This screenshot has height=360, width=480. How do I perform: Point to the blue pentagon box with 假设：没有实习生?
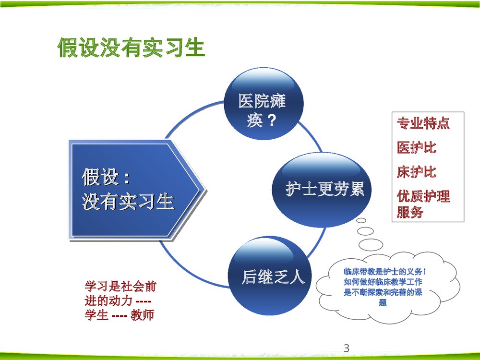click(x=134, y=190)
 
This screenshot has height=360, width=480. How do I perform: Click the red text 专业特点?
click(x=423, y=124)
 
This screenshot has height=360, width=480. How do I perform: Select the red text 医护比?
click(x=416, y=147)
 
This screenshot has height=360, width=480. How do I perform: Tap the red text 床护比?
click(x=416, y=172)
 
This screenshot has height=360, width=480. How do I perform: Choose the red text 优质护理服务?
click(x=423, y=204)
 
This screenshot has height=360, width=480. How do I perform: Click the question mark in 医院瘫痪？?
click(x=272, y=119)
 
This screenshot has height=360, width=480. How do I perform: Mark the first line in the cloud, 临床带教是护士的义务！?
click(x=385, y=272)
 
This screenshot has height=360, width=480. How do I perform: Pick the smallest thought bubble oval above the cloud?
click(x=361, y=220)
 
